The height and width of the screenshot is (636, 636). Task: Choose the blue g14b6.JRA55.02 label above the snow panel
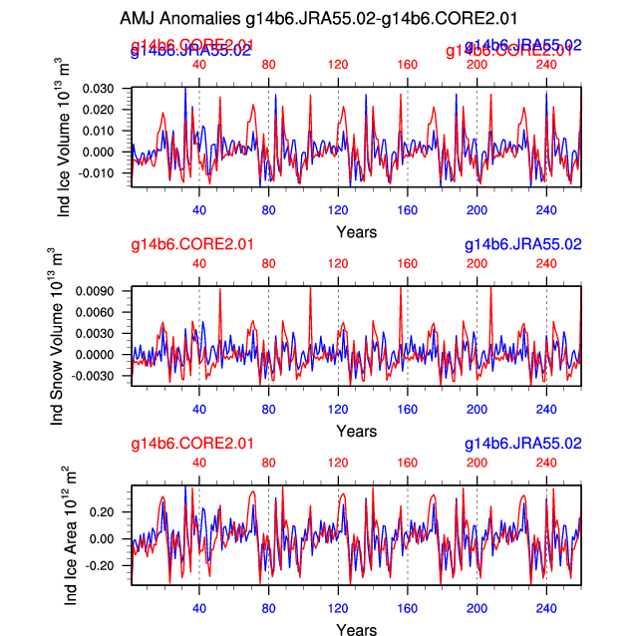coord(523,244)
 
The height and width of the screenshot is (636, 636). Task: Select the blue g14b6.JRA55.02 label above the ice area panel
coord(523,444)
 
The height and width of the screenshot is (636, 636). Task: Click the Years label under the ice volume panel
coord(356,232)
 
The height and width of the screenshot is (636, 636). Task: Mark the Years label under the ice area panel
coord(356,630)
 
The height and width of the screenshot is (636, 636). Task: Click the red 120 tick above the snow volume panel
coord(338,263)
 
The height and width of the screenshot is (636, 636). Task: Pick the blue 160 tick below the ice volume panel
coord(408,210)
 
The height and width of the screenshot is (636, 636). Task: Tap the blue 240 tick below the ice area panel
coord(546,608)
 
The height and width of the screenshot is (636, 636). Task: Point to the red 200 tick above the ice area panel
coord(477,463)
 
